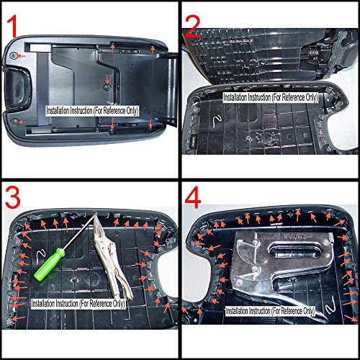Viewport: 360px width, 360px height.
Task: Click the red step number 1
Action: (x=12, y=26)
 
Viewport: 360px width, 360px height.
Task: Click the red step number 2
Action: (x=192, y=27)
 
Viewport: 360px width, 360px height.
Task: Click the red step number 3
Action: (x=12, y=197)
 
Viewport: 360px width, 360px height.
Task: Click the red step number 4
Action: (x=193, y=197)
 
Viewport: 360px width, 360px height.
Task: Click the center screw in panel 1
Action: (x=107, y=87)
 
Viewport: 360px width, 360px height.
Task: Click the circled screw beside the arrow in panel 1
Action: (x=14, y=56)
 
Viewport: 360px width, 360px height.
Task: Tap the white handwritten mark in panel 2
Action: (x=218, y=121)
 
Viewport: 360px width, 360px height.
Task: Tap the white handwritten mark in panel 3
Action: (x=40, y=256)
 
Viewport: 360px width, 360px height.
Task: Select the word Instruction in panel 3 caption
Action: (x=66, y=304)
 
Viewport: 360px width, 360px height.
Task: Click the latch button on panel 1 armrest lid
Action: (x=16, y=89)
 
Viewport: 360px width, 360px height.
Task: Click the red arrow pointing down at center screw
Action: (x=107, y=78)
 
